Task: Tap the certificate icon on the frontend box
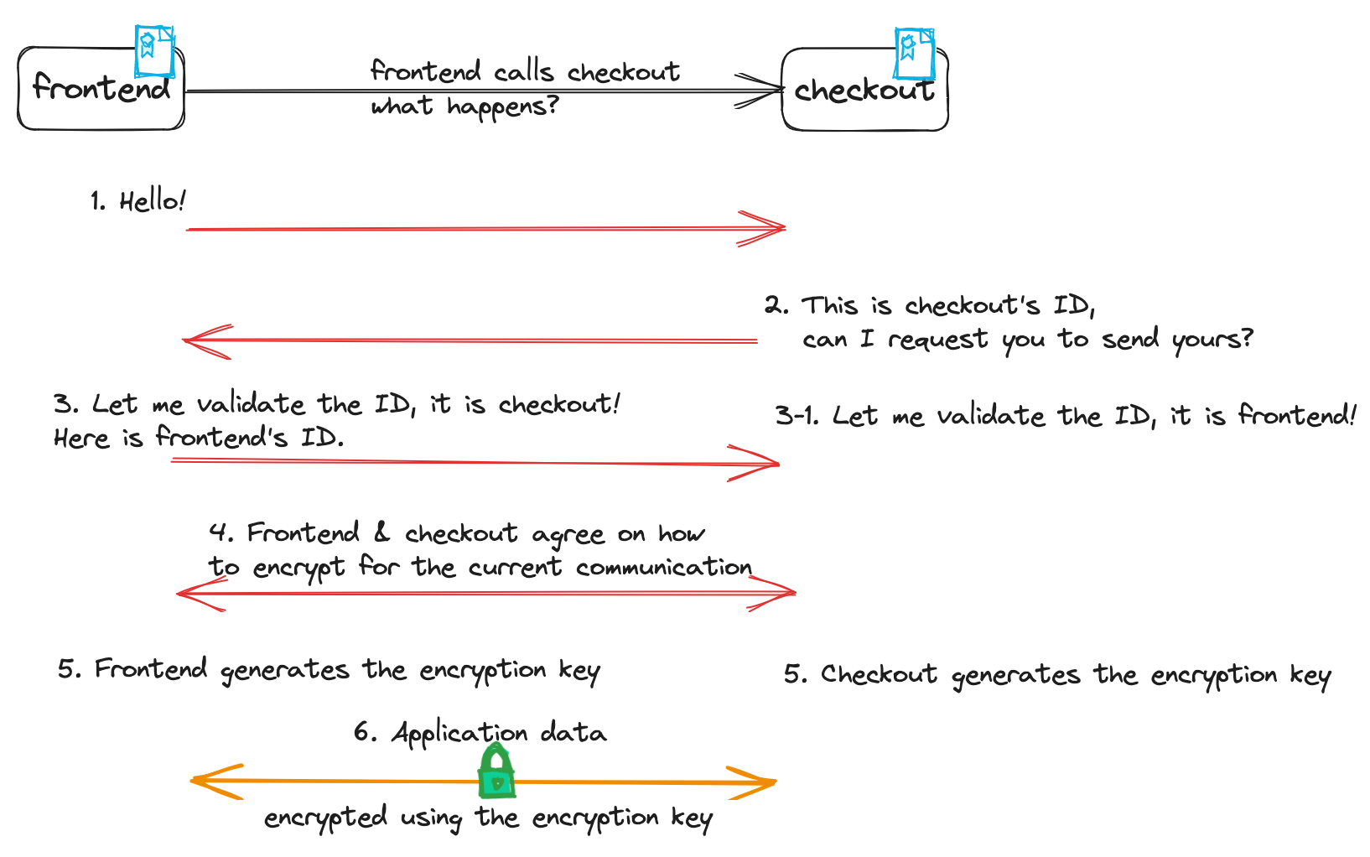click(154, 49)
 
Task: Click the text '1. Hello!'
click(138, 201)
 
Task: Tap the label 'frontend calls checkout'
click(525, 71)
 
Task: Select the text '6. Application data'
click(480, 733)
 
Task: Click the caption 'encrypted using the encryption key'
click(488, 818)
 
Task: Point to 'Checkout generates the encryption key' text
click(1057, 675)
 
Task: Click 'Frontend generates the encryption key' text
click(329, 670)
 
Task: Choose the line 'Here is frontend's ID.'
click(199, 438)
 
